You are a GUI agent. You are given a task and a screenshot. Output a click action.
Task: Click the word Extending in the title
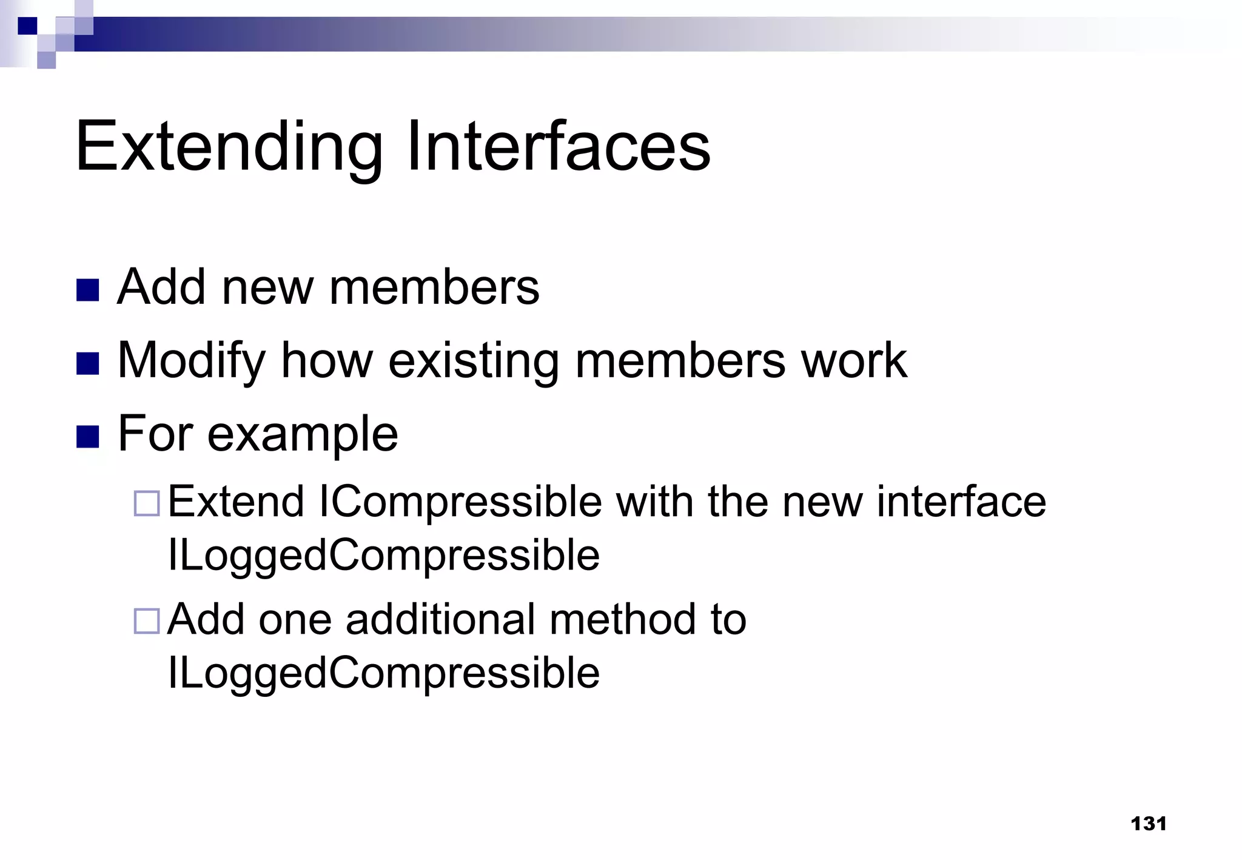point(229,147)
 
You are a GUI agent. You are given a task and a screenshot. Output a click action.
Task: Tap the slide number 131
point(1149,824)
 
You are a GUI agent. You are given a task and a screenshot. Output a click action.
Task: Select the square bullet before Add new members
point(88,291)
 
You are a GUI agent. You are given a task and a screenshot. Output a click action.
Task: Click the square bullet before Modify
point(88,364)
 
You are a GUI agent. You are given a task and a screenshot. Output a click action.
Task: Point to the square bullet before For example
point(88,437)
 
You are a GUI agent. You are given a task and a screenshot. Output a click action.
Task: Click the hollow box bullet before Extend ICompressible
point(147,503)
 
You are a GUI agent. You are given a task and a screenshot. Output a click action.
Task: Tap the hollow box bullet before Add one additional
point(147,621)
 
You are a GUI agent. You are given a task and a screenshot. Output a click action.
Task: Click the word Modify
point(191,361)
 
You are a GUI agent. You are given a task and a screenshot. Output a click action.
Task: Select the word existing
point(473,361)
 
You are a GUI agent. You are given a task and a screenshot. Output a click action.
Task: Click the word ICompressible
point(460,502)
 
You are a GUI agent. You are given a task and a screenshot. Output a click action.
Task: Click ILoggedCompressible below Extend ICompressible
point(383,555)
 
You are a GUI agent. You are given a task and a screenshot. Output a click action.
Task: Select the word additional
point(440,619)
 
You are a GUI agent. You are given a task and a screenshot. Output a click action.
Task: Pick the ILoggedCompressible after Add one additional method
point(383,673)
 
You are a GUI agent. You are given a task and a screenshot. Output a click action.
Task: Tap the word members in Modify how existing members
point(680,360)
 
